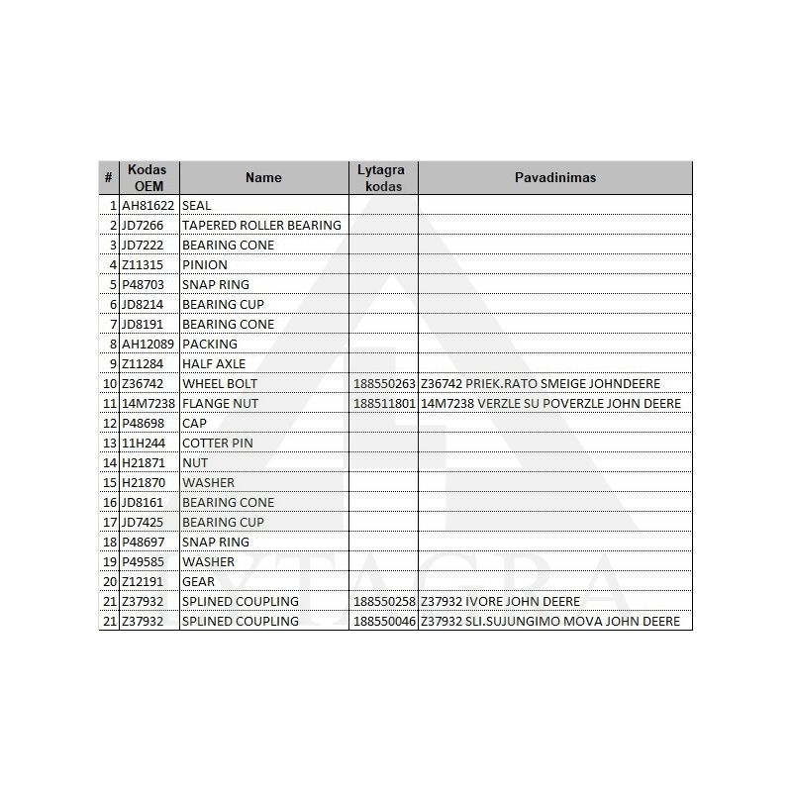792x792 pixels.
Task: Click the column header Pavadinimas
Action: (554, 178)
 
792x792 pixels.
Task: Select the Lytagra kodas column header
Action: (382, 178)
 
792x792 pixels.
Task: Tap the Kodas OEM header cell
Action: (148, 178)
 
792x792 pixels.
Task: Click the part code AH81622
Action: (148, 206)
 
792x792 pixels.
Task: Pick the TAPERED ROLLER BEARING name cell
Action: (261, 226)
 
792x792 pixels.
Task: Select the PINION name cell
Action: (205, 265)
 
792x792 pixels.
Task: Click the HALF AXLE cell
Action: (214, 364)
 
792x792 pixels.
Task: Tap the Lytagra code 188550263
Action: (384, 384)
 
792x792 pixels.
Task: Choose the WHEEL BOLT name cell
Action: (220, 384)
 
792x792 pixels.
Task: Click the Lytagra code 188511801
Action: (384, 404)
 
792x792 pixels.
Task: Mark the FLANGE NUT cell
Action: (220, 404)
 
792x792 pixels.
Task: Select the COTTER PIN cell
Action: (218, 444)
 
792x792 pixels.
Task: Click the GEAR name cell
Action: (198, 582)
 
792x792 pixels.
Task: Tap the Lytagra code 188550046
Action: (384, 622)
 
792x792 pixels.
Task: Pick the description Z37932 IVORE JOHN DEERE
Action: (500, 602)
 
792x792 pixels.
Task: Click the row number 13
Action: (110, 444)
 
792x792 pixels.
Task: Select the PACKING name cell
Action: (210, 345)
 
